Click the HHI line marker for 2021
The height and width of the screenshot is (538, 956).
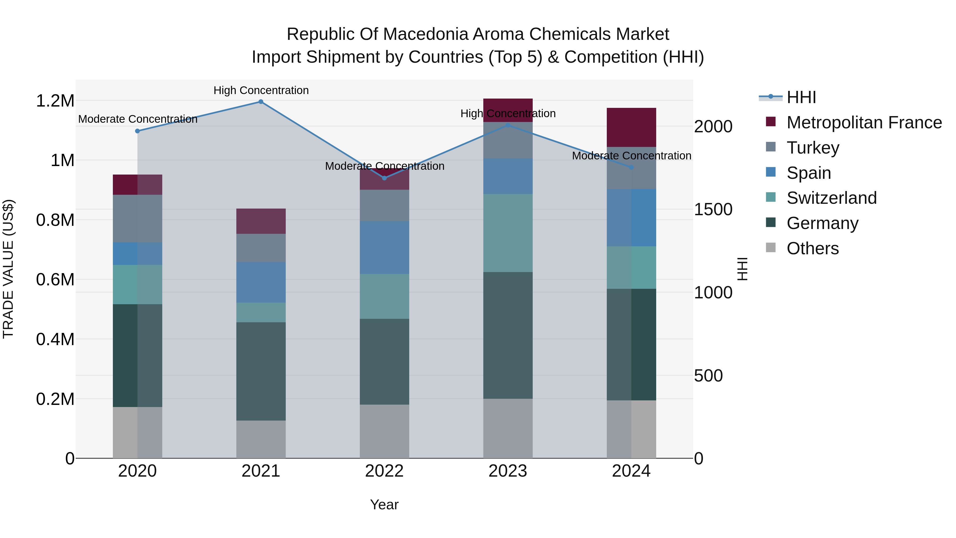pyautogui.click(x=261, y=102)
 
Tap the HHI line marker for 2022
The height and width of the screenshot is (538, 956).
pyautogui.click(x=385, y=178)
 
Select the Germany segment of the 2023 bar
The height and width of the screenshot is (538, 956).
pyautogui.click(x=508, y=335)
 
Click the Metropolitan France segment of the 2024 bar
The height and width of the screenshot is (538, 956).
pyautogui.click(x=631, y=127)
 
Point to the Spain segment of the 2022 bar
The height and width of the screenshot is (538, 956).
pyautogui.click(x=385, y=248)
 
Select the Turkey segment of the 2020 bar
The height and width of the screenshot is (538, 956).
pyautogui.click(x=137, y=219)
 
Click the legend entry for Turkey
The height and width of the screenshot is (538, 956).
pyautogui.click(x=813, y=148)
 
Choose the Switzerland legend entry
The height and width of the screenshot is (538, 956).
pyautogui.click(x=831, y=198)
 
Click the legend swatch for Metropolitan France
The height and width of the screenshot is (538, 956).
pyautogui.click(x=771, y=122)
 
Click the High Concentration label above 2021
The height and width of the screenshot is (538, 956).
pyautogui.click(x=261, y=91)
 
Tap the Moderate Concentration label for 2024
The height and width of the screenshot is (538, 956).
pyautogui.click(x=631, y=156)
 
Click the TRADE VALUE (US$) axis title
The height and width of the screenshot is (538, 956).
pyautogui.click(x=8, y=269)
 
